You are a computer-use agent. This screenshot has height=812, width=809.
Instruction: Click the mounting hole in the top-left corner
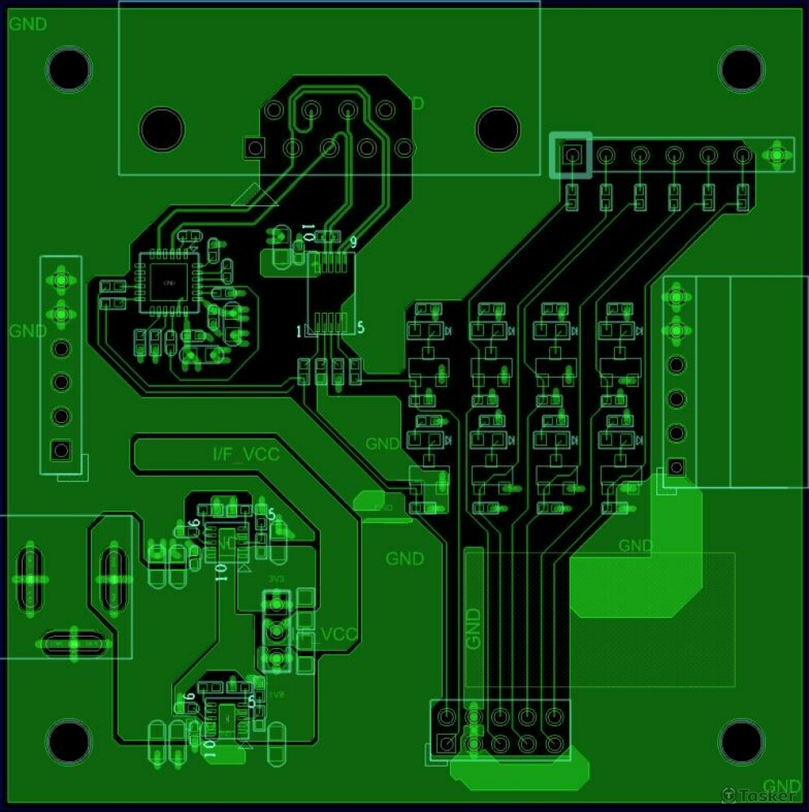69,69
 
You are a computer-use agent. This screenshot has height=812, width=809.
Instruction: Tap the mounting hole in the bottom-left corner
69,741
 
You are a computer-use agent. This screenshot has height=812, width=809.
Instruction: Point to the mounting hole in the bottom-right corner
741,741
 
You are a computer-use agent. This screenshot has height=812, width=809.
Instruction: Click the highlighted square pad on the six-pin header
571,154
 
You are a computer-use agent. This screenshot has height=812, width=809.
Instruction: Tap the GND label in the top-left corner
28,24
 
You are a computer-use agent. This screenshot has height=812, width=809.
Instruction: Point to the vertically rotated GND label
474,628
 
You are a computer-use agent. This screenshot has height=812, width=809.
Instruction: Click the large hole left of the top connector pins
162,127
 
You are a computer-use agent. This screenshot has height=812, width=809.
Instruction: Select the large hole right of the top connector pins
497,127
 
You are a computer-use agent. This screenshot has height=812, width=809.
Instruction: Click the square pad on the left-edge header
60,450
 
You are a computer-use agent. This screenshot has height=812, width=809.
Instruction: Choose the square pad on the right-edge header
676,467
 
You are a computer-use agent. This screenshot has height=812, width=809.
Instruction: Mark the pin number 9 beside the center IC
353,242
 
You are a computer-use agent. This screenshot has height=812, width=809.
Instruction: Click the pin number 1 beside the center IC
300,330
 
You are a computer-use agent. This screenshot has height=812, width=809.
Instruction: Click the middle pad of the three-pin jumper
277,631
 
